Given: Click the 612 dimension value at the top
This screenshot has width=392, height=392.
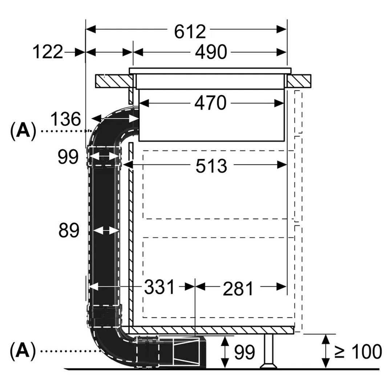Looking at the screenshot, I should [190, 32].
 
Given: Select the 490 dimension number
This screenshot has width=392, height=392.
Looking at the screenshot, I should [211, 52].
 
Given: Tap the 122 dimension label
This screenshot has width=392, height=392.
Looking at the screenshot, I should [48, 52].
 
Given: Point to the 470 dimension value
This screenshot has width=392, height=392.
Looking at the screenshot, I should [210, 104].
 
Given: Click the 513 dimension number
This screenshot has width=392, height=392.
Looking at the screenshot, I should [211, 166].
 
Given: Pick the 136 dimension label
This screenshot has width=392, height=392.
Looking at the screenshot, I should [65, 119].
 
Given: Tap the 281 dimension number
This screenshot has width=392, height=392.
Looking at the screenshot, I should [238, 288].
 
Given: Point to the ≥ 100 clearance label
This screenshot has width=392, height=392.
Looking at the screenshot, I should [357, 351].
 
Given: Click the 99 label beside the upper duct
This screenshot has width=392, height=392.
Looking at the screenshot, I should [68, 157].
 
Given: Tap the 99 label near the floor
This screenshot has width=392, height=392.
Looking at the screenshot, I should [244, 352].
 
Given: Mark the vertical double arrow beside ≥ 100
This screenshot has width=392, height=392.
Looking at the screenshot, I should [326, 351].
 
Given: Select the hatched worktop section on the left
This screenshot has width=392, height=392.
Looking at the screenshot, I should [113, 81].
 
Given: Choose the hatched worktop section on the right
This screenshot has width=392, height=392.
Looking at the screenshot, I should [299, 81].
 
